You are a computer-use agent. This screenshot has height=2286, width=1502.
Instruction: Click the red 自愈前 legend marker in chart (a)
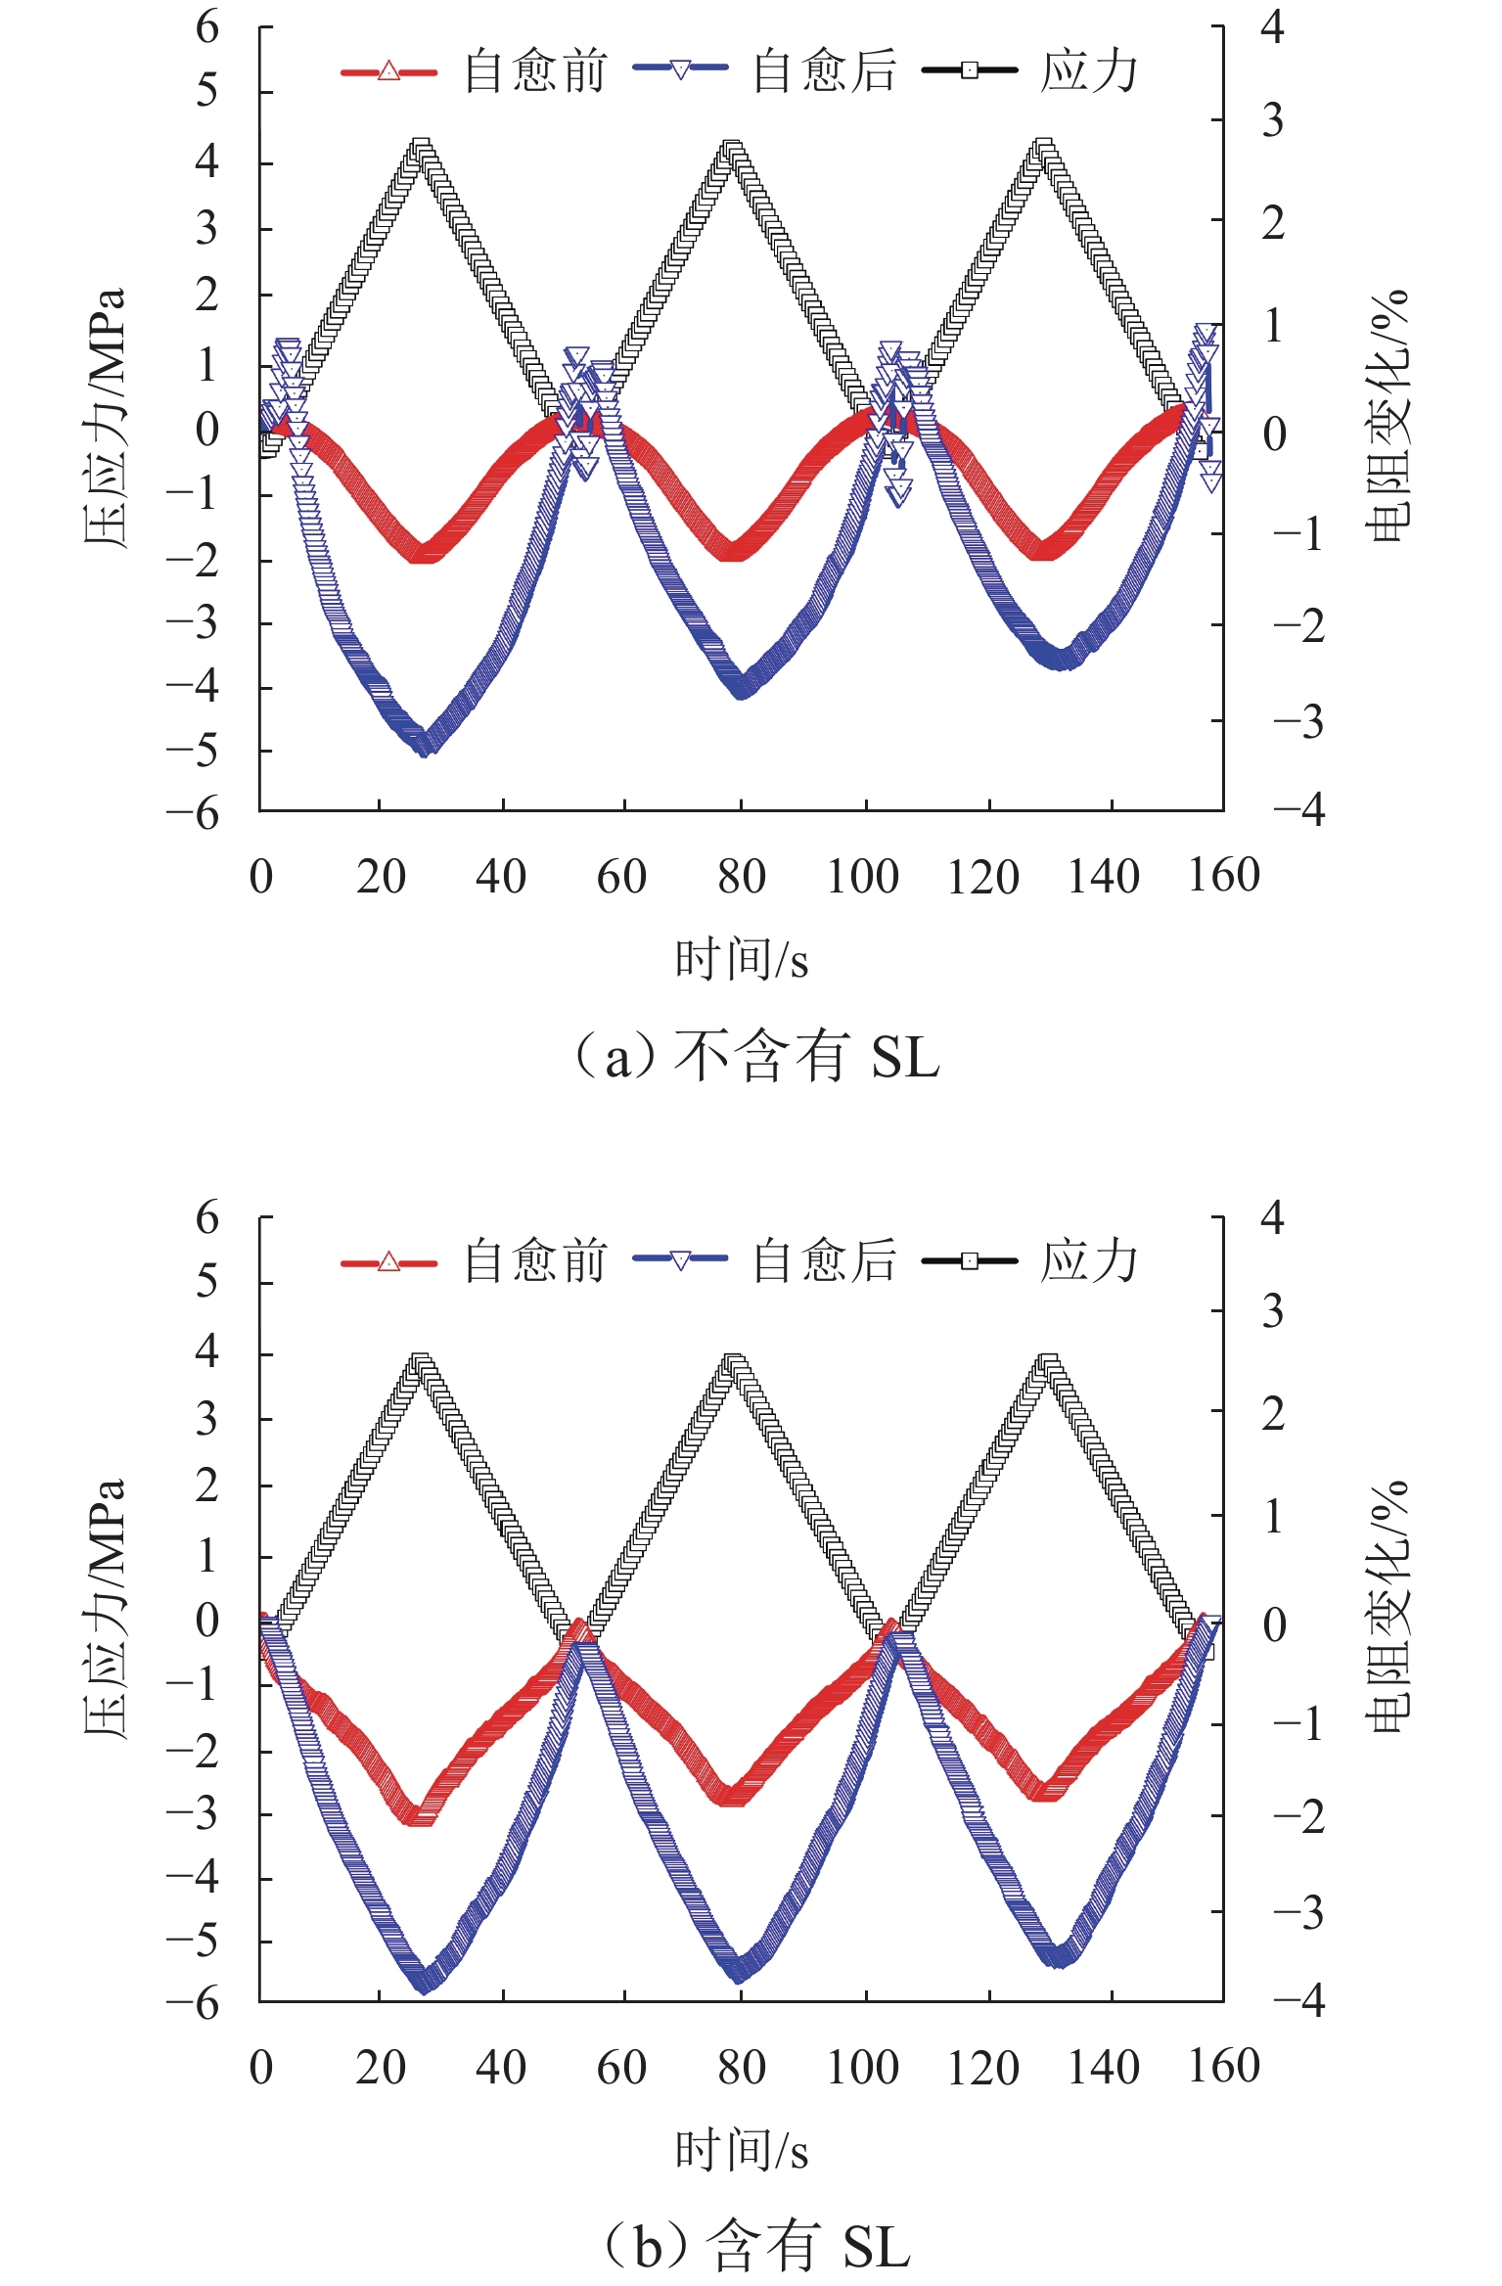coord(388,71)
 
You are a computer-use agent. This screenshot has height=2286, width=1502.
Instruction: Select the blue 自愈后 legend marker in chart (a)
coord(680,69)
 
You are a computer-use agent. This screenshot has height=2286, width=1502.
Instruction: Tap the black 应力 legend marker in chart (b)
coord(969,1260)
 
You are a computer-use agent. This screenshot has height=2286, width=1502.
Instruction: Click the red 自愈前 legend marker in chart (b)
coord(388,1261)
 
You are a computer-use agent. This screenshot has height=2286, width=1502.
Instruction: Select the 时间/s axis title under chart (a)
coord(742,959)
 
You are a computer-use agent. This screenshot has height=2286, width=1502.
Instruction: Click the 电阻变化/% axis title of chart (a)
coord(1388,416)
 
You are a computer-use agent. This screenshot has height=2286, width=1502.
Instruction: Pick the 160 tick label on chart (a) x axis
coord(1223,875)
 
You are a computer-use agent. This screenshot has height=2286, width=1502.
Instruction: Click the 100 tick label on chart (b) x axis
coord(862,2067)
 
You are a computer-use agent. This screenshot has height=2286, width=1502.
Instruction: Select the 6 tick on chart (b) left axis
coord(207,1218)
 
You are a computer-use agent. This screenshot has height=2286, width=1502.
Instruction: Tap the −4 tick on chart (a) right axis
coord(1298,810)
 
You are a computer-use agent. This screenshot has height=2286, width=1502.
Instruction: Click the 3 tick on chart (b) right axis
coord(1272,1312)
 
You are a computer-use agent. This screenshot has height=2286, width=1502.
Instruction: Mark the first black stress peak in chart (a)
coord(421,150)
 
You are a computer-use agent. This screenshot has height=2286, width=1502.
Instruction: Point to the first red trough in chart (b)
coord(421,1815)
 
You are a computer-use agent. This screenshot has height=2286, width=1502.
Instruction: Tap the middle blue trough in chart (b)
coord(740,1974)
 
